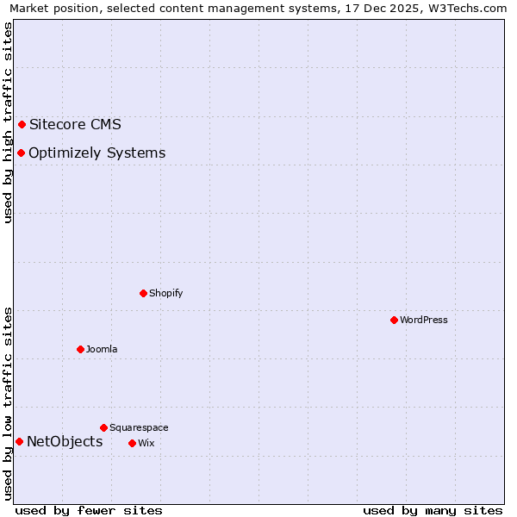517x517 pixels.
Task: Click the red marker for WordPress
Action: pyautogui.click(x=394, y=320)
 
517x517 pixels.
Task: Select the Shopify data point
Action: pyautogui.click(x=143, y=293)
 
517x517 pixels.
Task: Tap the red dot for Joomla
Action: pyautogui.click(x=80, y=349)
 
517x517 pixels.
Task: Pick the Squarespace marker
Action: pyautogui.click(x=103, y=427)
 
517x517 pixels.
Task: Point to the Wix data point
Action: pyautogui.click(x=132, y=443)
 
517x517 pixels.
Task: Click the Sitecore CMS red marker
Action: pyautogui.click(x=22, y=124)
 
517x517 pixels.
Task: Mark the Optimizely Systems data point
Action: pyautogui.click(x=21, y=153)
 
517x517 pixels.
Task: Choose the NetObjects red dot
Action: pyautogui.click(x=19, y=441)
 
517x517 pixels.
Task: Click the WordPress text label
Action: pyautogui.click(x=424, y=320)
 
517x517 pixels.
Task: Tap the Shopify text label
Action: pyautogui.click(x=166, y=293)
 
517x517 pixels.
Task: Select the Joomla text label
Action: pyautogui.click(x=102, y=349)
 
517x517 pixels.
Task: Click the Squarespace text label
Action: pyautogui.click(x=139, y=427)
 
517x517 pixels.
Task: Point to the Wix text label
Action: pyautogui.click(x=146, y=443)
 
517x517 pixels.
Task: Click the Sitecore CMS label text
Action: pyautogui.click(x=75, y=124)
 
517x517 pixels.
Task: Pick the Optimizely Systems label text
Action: pyautogui.click(x=97, y=153)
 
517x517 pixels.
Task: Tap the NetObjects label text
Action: pyautogui.click(x=65, y=441)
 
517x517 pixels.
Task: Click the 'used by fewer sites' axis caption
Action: pyautogui.click(x=89, y=510)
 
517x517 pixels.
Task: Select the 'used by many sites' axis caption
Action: pyautogui.click(x=433, y=510)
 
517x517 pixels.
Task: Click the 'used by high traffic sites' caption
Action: pyautogui.click(x=8, y=122)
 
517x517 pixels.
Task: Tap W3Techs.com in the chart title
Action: pyautogui.click(x=467, y=8)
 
